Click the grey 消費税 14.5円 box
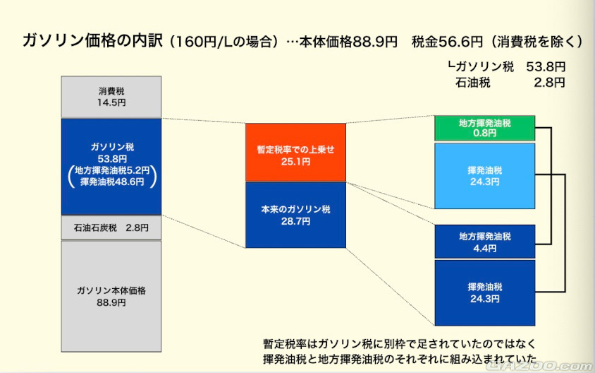pyautogui.click(x=111, y=97)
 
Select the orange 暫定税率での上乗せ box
pyautogui.click(x=295, y=152)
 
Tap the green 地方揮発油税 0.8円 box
pyautogui.click(x=484, y=127)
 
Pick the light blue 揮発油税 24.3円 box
pyautogui.click(x=484, y=176)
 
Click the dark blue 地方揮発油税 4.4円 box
pyautogui.click(x=484, y=242)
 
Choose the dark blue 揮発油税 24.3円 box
pyautogui.click(x=484, y=292)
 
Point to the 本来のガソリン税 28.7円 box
pyautogui.click(x=295, y=215)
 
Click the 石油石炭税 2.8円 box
pyautogui.click(x=111, y=227)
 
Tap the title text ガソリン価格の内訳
pyautogui.click(x=92, y=41)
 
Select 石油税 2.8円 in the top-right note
pyautogui.click(x=510, y=83)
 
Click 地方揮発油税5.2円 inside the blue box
pyautogui.click(x=111, y=170)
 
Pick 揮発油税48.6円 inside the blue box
pyautogui.click(x=111, y=182)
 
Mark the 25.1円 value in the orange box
pyautogui.click(x=295, y=162)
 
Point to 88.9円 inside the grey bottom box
pyautogui.click(x=111, y=302)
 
